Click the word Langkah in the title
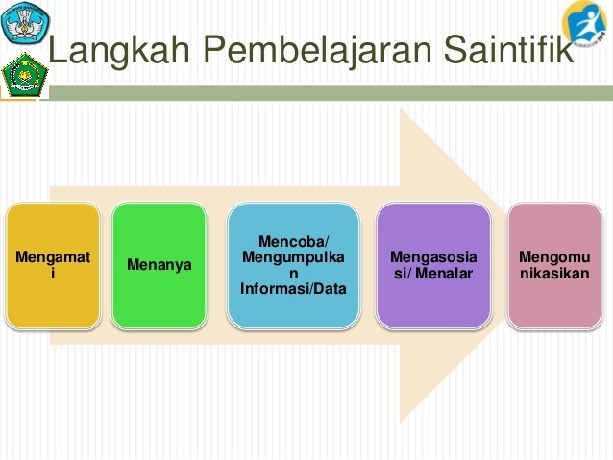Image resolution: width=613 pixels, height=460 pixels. pos(119,50)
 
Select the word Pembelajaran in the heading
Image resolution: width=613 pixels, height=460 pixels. pos(317,50)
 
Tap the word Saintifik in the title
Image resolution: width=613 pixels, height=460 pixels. pos(508,48)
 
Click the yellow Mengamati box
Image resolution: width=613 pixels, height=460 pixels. pos(53,265)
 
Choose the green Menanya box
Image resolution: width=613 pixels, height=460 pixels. pos(159,265)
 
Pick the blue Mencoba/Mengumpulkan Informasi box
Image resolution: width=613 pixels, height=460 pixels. pos(293,265)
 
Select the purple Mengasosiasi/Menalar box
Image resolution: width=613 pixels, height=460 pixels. pos(433,265)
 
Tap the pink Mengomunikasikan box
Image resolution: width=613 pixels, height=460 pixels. pos(554,265)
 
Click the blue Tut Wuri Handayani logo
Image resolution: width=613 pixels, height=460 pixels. pos(25,22)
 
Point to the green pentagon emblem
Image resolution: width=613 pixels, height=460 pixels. pos(25,76)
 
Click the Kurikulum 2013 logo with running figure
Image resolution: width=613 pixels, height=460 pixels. pos(585,23)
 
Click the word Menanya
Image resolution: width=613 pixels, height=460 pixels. pos(159,265)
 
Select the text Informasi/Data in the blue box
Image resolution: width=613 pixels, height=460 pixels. pos(293,289)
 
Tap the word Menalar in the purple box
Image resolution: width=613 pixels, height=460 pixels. pos(444,274)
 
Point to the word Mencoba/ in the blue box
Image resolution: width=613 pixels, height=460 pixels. pos(293,242)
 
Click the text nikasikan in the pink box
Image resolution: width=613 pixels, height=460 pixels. pos(554,274)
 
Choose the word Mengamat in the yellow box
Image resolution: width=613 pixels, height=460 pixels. pos(53,257)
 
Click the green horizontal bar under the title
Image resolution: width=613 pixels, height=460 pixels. pos(331,93)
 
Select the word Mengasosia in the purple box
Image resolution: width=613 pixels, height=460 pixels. pos(433,257)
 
